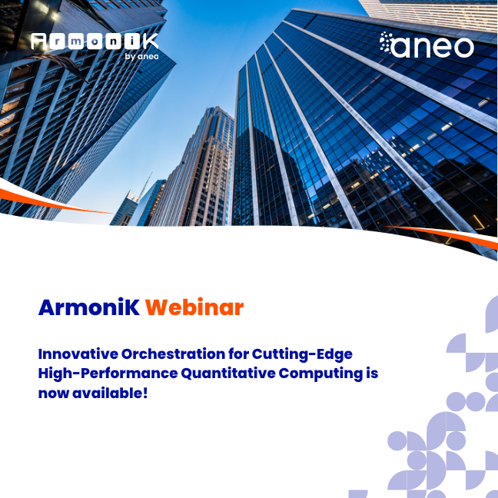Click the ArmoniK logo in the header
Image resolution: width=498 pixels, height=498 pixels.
click(x=95, y=43)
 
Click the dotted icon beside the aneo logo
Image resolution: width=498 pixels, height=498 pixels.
click(x=388, y=45)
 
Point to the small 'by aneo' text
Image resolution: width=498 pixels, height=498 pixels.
click(x=141, y=56)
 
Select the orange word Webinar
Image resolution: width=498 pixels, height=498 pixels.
click(x=194, y=308)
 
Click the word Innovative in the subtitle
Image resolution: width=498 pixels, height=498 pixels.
click(x=77, y=354)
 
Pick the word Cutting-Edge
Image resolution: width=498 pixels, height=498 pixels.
click(x=311, y=354)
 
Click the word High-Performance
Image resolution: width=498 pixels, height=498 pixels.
click(x=108, y=373)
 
